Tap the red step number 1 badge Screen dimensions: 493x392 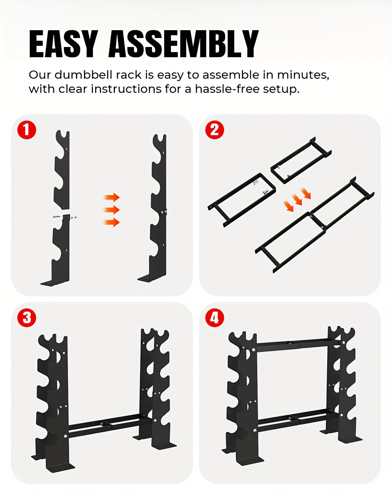pyautogui.click(x=27, y=130)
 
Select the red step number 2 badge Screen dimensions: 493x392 pyautogui.click(x=214, y=130)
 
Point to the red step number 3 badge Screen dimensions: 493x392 pyautogui.click(x=27, y=317)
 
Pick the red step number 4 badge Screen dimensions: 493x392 pyautogui.click(x=214, y=317)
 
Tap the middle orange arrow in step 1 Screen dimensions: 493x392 pyautogui.click(x=112, y=210)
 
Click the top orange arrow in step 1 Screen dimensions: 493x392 pyautogui.click(x=112, y=197)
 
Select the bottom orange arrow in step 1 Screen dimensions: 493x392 pyautogui.click(x=112, y=223)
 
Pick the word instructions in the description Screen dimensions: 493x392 pyautogui.click(x=126, y=89)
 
